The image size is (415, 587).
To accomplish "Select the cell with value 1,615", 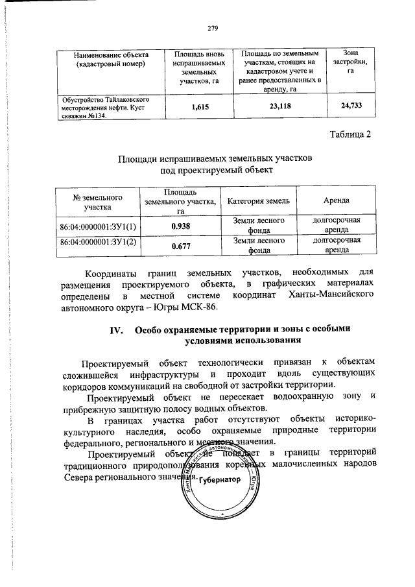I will [200, 108].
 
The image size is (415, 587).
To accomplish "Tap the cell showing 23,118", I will [279, 108].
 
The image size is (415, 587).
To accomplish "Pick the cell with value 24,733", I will [350, 108].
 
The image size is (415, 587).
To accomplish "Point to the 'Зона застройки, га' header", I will [350, 61].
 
